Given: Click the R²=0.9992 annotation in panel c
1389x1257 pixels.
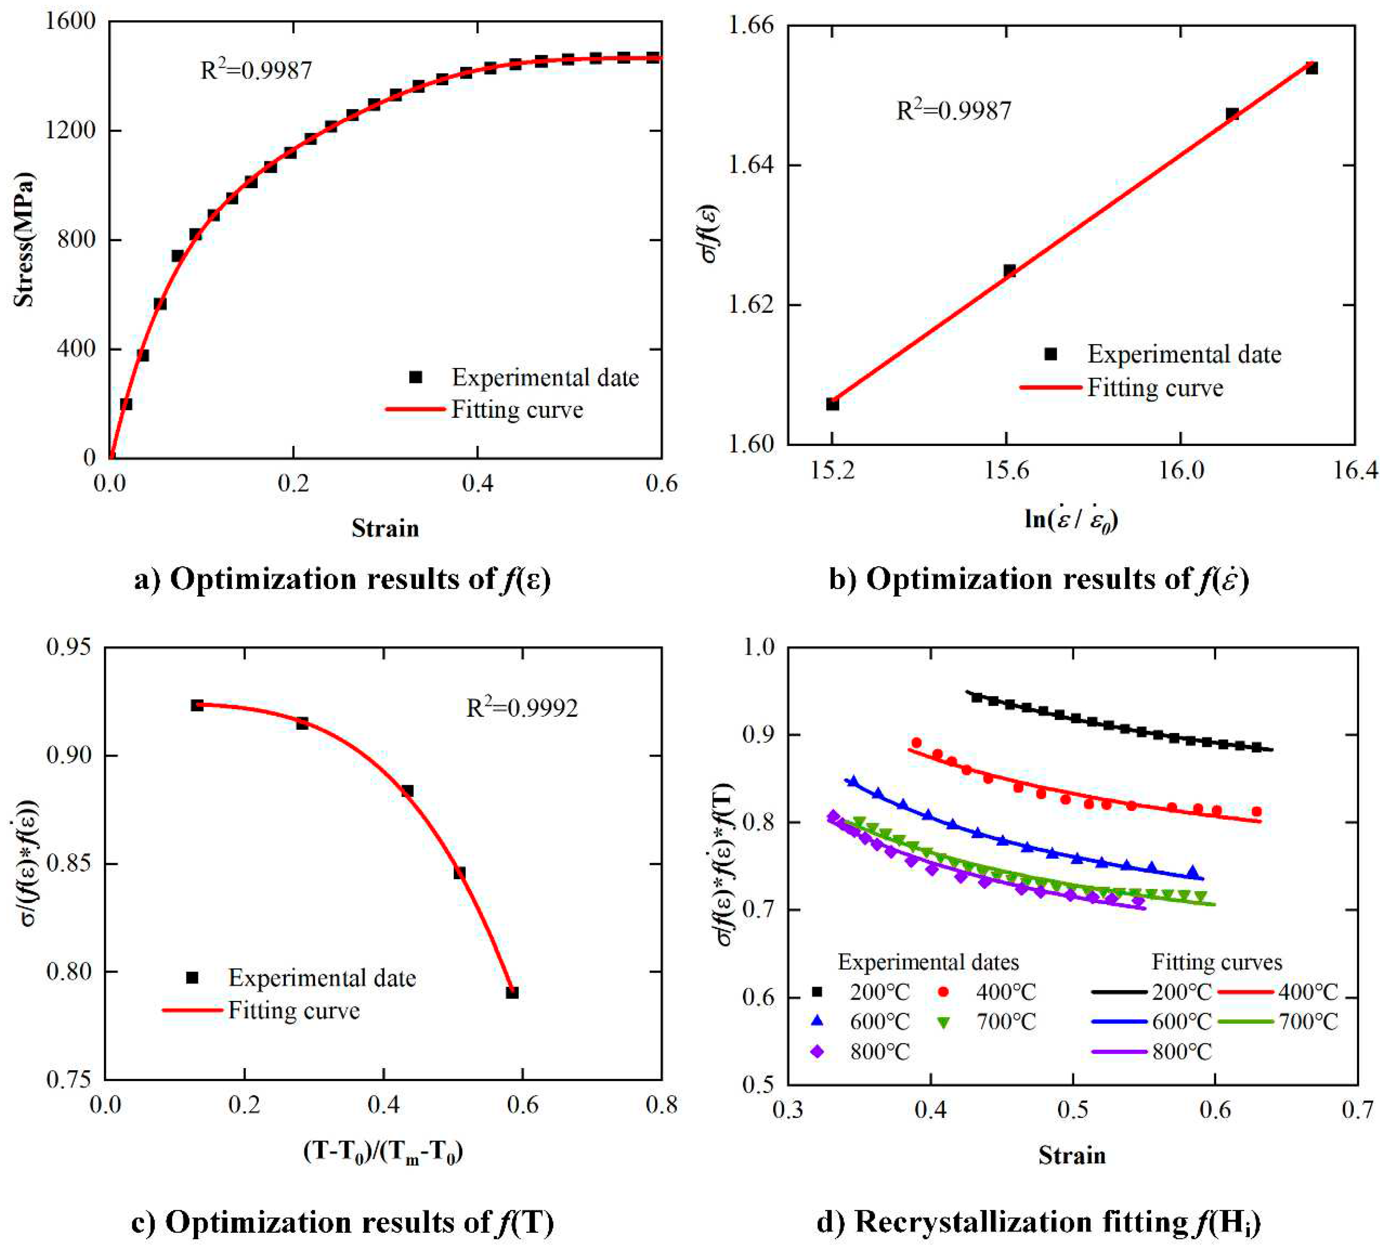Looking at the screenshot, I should click(522, 708).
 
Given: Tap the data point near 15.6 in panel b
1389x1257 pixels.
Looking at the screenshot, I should click(1009, 270).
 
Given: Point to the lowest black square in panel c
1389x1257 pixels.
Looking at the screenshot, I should click(512, 992).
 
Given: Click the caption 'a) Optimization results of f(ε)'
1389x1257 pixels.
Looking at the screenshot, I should click(342, 580).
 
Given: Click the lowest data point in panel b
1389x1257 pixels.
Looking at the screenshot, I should click(832, 404).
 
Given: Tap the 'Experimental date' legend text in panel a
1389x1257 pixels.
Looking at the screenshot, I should click(545, 378).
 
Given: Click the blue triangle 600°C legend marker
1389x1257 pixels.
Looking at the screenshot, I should click(817, 1021).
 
